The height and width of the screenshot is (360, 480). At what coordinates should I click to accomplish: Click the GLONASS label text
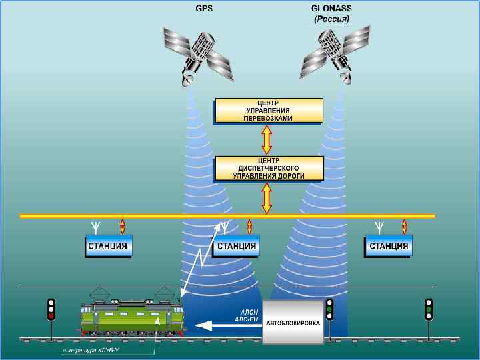pyautogui.click(x=332, y=10)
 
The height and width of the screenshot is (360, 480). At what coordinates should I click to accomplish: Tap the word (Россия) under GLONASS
pyautogui.click(x=332, y=20)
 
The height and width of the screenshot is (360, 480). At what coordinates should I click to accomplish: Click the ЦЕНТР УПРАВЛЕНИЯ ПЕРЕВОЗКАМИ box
pyautogui.click(x=268, y=111)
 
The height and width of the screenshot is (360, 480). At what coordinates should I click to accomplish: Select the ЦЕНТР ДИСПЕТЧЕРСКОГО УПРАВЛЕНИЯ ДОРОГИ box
pyautogui.click(x=268, y=169)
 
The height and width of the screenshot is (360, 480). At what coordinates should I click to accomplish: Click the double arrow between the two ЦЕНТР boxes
pyautogui.click(x=267, y=140)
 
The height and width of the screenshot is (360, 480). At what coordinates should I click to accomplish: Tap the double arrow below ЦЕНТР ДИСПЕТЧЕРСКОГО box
pyautogui.click(x=267, y=198)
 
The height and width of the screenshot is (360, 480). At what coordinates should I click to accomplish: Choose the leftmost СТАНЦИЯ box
pyautogui.click(x=109, y=246)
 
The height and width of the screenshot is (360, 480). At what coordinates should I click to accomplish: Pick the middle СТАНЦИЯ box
pyautogui.click(x=235, y=247)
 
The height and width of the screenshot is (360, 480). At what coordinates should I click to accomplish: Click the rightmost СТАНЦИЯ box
pyautogui.click(x=388, y=246)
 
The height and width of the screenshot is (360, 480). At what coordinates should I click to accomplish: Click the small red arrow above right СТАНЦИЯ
pyautogui.click(x=404, y=225)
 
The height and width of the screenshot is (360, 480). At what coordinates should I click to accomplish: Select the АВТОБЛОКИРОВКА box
pyautogui.click(x=293, y=322)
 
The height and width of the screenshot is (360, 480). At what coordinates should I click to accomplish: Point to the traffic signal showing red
pyautogui.click(x=51, y=309)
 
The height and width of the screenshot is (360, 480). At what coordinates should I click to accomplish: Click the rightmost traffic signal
pyautogui.click(x=429, y=309)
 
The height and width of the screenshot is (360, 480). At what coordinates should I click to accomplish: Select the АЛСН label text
pyautogui.click(x=248, y=312)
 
